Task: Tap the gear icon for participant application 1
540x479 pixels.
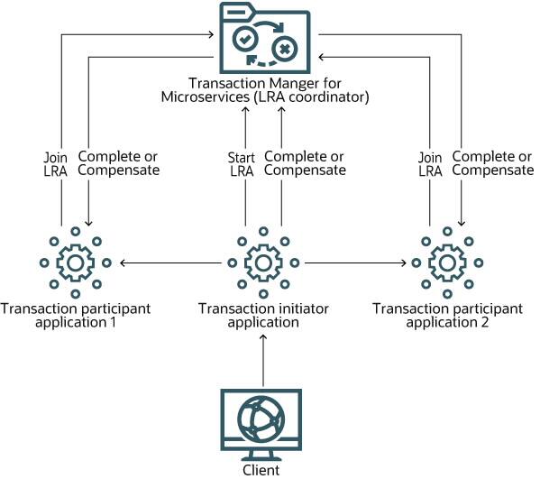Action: click(75, 263)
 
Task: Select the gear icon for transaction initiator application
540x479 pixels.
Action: click(262, 263)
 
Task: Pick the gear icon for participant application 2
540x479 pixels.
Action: click(447, 263)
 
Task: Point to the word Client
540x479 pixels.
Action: click(261, 470)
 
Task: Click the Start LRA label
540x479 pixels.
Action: click(242, 163)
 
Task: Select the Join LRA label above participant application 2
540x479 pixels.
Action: click(430, 163)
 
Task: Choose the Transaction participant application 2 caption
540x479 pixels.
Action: click(447, 316)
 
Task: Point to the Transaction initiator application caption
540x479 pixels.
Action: click(262, 316)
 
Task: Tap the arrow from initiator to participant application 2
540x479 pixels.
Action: click(355, 263)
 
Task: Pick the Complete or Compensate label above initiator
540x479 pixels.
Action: click(305, 163)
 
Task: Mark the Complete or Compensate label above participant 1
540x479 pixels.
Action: click(120, 163)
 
